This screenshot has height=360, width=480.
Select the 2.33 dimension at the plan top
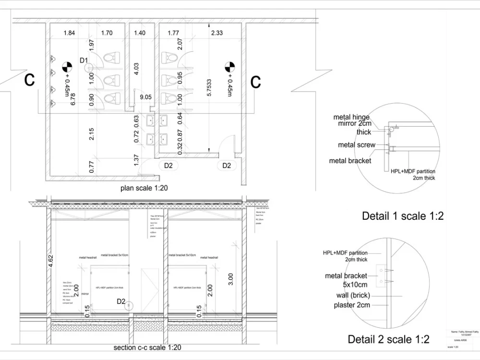pyautogui.click(x=216, y=33)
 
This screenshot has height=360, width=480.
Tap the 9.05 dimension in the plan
pyautogui.click(x=146, y=97)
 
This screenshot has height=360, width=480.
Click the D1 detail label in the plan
pyautogui.click(x=84, y=60)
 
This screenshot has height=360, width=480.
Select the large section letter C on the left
pyautogui.click(x=30, y=81)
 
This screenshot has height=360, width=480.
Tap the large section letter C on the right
pyautogui.click(x=255, y=82)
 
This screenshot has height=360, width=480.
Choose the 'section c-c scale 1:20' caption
pyautogui.click(x=147, y=348)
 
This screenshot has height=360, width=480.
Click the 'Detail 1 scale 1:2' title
pyautogui.click(x=402, y=216)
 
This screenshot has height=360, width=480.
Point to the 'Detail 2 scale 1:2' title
pyautogui.click(x=388, y=340)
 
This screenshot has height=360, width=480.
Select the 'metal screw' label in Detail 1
pyautogui.click(x=357, y=145)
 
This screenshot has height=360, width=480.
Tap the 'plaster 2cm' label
pyautogui.click(x=352, y=305)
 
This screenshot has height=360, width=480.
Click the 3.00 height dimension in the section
pyautogui.click(x=230, y=279)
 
